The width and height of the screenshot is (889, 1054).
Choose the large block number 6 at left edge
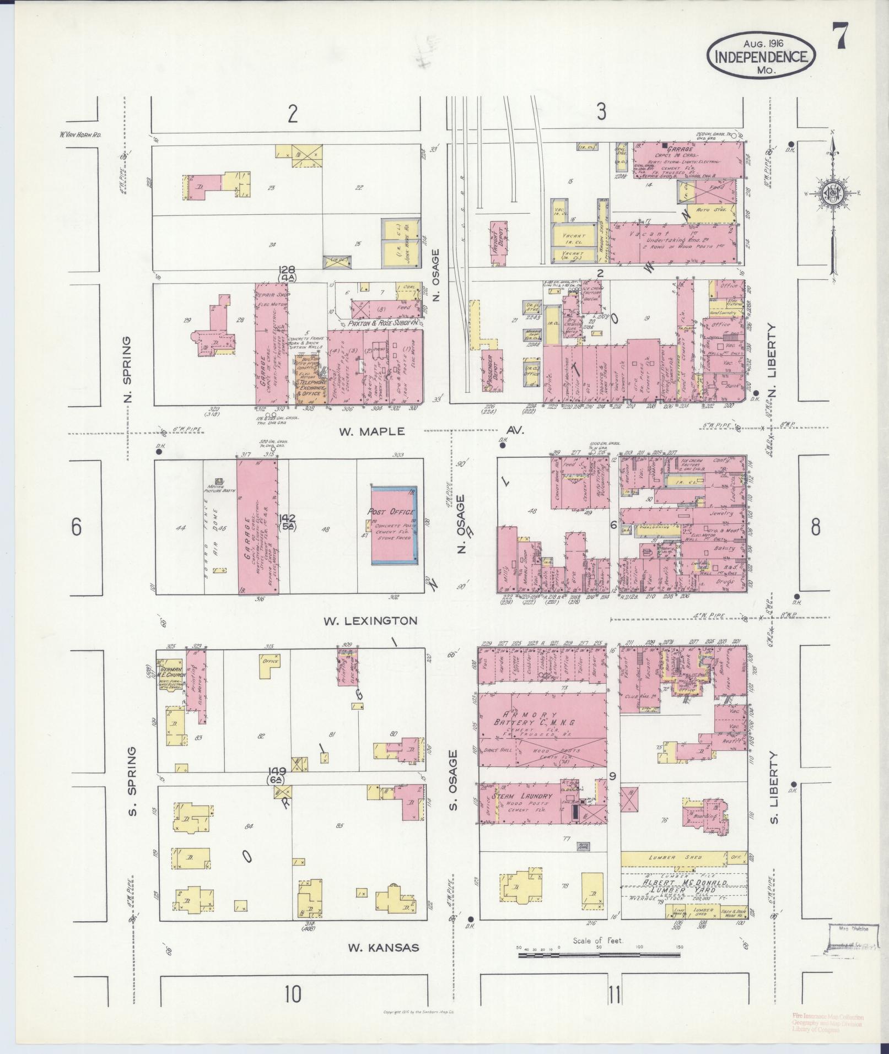click(77, 527)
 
